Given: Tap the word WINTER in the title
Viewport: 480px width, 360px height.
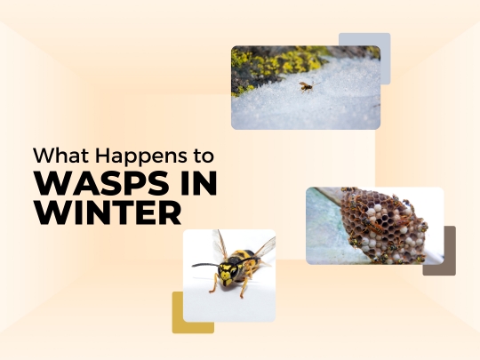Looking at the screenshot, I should pos(108,214).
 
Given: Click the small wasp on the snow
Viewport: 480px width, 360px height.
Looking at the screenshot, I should pos(306,86).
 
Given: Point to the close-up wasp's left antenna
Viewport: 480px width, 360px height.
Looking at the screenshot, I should pos(205,264).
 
